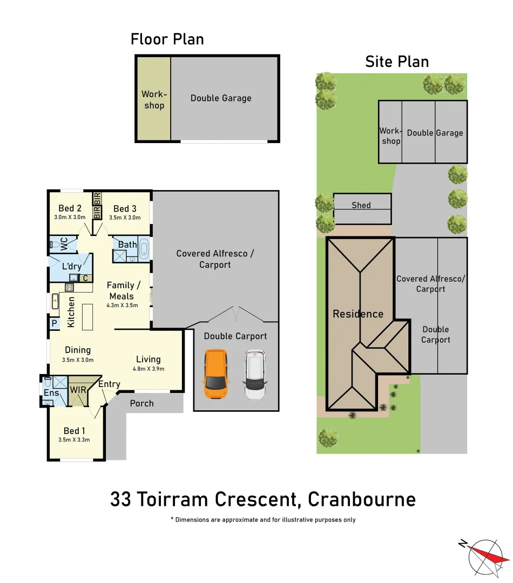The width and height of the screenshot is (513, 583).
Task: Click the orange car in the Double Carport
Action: pos(215,374)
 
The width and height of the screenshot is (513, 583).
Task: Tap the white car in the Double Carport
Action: pos(255,375)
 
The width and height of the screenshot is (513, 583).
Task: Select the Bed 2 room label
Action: pos(70,209)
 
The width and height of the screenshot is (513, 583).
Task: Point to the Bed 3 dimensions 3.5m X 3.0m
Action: pos(124,218)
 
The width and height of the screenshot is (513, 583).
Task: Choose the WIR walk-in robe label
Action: pos(78,390)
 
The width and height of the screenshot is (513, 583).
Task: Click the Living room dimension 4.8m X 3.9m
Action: pos(148,369)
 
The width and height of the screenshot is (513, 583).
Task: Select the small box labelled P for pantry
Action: pos(55,324)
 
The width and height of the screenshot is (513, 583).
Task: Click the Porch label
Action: pos(142,403)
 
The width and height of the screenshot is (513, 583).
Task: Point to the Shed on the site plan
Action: pos(362,206)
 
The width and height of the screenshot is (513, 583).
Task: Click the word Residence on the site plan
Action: pos(358,314)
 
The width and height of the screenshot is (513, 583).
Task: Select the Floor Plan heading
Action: pos(167,39)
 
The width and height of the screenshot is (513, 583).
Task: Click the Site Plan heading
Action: pos(397,62)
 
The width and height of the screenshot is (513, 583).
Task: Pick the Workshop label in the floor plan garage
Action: pos(154,100)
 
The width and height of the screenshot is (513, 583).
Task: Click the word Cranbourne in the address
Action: pos(362,499)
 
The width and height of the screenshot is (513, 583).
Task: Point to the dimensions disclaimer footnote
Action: pos(262,520)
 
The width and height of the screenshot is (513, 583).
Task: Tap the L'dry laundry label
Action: pos(71,266)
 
